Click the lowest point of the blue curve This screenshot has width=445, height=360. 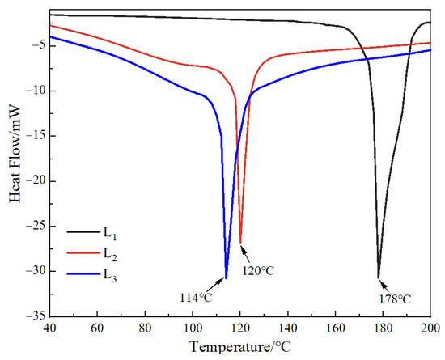(x=226, y=277)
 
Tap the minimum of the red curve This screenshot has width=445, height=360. (x=240, y=240)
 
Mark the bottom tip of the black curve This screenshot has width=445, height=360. (x=379, y=277)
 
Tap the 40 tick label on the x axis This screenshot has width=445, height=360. (x=50, y=327)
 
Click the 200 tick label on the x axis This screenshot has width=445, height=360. (x=429, y=327)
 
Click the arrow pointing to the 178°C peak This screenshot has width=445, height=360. (x=383, y=285)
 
